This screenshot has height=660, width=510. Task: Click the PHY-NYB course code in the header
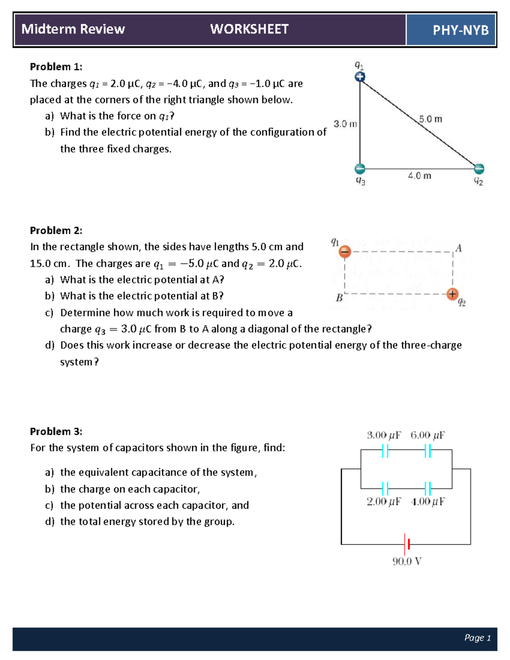click(460, 30)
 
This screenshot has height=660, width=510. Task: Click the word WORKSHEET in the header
click(249, 29)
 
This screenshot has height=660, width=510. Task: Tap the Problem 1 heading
click(56, 67)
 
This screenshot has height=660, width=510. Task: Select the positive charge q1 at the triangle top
click(360, 77)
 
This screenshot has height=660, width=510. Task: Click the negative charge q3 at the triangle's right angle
click(360, 169)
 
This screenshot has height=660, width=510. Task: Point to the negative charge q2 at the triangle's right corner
click(479, 169)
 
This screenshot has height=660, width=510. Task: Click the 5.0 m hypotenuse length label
click(430, 119)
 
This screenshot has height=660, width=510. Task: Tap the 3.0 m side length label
click(345, 124)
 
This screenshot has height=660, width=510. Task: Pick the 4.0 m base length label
click(419, 176)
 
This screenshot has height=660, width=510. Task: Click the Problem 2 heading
click(56, 230)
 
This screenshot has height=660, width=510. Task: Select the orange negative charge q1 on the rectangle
click(345, 252)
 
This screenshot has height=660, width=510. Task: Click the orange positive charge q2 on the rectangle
click(452, 294)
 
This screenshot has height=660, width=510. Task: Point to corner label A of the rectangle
click(458, 248)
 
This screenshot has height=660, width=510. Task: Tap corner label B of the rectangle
click(339, 297)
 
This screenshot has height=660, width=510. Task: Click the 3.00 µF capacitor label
click(384, 435)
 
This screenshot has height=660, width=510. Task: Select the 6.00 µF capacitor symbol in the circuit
click(428, 450)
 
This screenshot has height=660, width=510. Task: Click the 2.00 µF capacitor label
click(384, 501)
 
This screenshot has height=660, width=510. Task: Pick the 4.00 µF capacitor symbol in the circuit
click(428, 488)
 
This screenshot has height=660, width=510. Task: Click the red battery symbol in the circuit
click(407, 544)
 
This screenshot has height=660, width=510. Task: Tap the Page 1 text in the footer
click(477, 638)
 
